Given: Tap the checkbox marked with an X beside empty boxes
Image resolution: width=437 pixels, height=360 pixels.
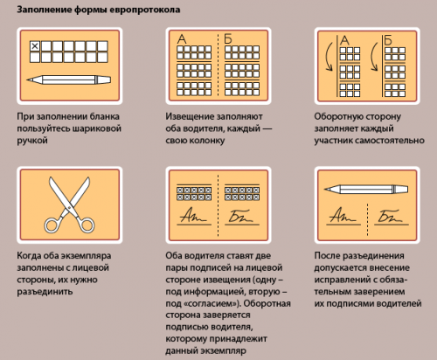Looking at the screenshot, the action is [35, 46].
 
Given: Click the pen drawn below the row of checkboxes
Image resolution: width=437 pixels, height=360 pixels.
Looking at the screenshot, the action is [69, 80].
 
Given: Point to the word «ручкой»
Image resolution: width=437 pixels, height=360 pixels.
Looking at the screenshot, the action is [32, 141].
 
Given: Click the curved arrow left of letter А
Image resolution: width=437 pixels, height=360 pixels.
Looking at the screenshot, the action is [329, 57].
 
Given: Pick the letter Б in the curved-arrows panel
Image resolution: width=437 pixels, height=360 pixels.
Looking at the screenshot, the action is [388, 40].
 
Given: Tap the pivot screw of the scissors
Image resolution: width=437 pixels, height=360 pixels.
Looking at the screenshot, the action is [69, 207].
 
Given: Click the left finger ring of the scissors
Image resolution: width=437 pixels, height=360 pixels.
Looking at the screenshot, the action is [52, 225].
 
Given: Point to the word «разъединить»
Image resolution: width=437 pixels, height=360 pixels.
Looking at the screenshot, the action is [45, 292].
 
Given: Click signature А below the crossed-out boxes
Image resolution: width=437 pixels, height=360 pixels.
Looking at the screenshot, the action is [193, 216].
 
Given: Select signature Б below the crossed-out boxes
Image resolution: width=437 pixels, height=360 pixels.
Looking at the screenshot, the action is [240, 216].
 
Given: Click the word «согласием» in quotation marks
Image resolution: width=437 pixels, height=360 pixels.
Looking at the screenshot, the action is [211, 303].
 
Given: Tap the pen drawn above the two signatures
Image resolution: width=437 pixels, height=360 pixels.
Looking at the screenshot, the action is [366, 189].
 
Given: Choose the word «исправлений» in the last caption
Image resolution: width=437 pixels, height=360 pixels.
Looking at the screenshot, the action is [338, 280].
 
